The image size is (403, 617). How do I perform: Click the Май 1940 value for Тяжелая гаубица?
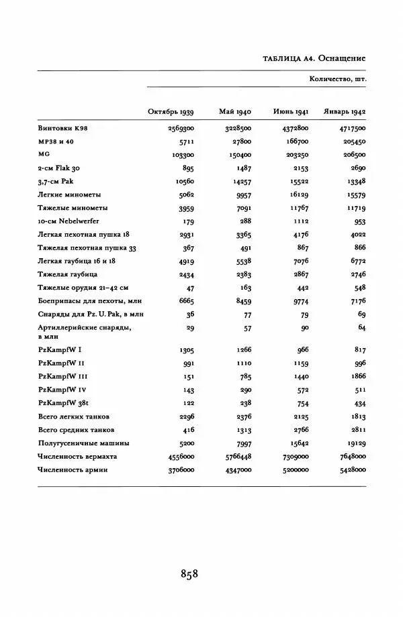click(240, 275)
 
